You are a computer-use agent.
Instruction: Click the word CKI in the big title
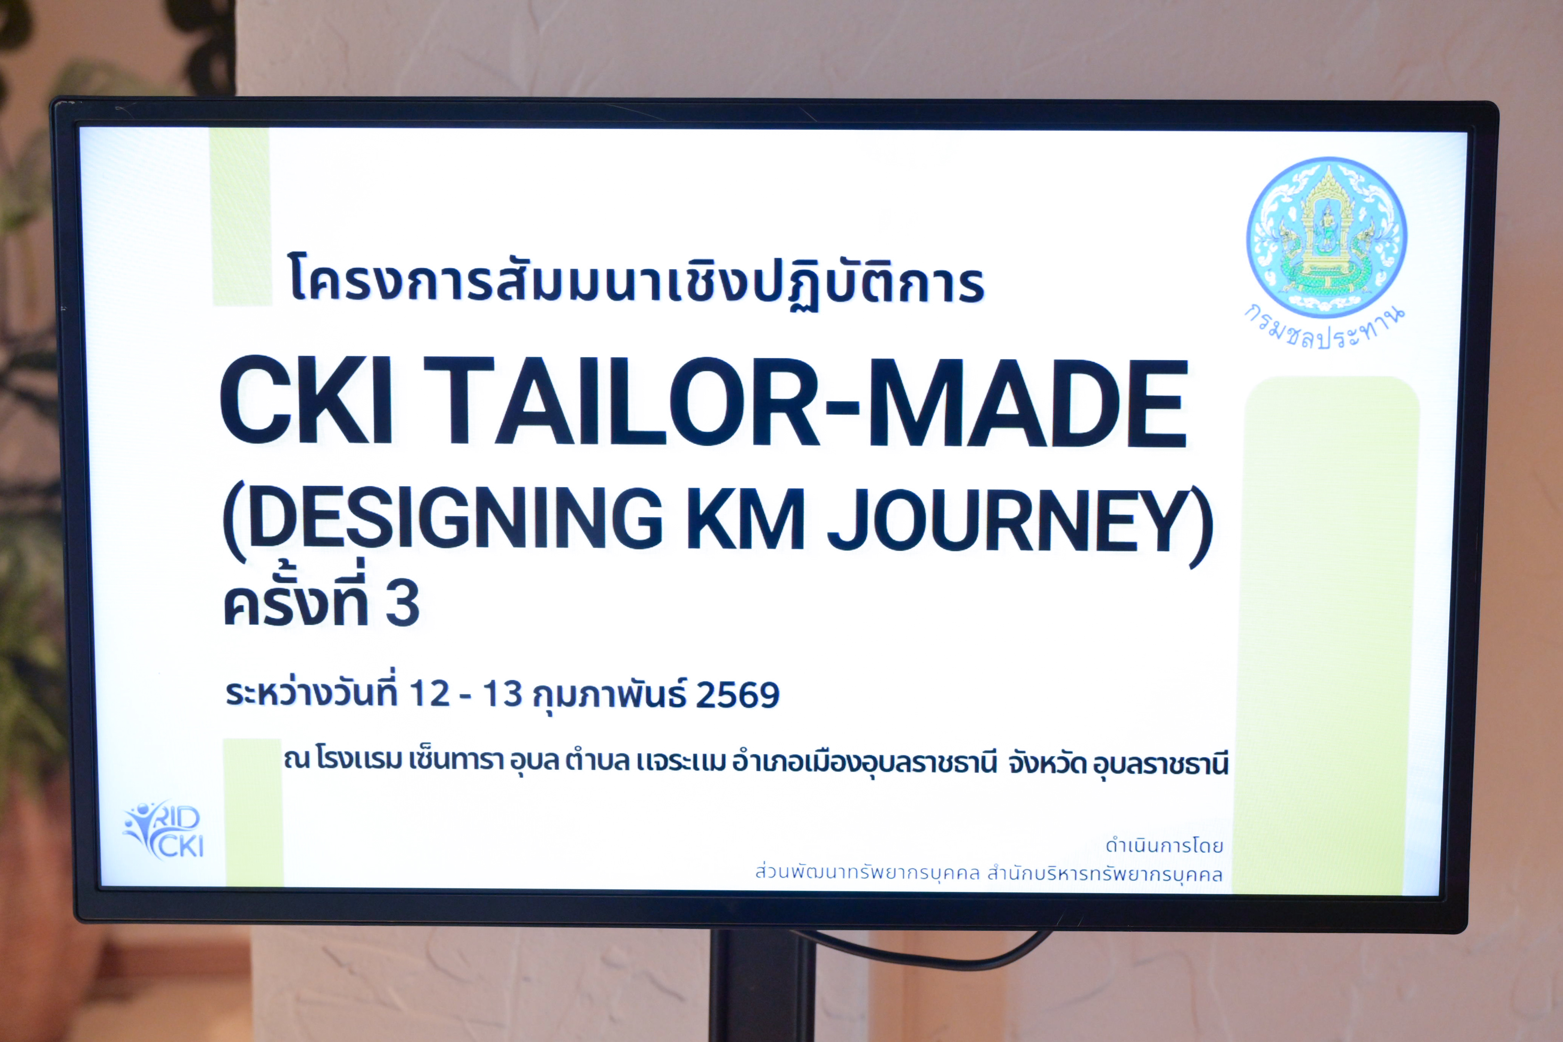tap(306, 401)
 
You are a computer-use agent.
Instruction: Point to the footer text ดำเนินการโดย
tap(1164, 846)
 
